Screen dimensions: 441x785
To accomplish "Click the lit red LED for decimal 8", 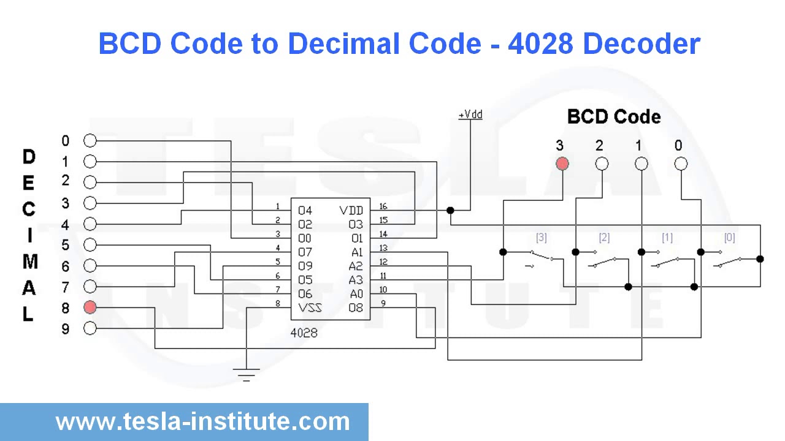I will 90,307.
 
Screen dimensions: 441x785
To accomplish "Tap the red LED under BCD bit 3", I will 562,164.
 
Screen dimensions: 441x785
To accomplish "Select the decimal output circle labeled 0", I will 90,141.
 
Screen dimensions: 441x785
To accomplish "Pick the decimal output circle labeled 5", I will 90,245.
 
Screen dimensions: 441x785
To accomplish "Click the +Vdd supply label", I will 470,115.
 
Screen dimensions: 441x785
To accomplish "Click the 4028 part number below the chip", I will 304,333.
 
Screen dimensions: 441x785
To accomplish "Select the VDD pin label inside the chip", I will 351,211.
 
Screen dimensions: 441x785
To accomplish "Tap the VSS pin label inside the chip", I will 310,307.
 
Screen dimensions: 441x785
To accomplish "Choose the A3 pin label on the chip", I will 356,280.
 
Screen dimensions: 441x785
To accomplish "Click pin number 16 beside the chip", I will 383,206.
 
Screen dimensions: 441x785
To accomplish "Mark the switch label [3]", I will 541,237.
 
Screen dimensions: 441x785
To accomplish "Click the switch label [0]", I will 729,237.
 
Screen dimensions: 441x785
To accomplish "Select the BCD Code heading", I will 614,117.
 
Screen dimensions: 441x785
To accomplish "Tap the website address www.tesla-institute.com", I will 202,421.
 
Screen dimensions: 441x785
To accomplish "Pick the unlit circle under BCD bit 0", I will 681,164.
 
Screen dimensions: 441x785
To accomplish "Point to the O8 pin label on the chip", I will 356,307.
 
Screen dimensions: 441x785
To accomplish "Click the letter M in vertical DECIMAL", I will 29,262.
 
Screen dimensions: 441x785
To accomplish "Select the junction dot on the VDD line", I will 450,211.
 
